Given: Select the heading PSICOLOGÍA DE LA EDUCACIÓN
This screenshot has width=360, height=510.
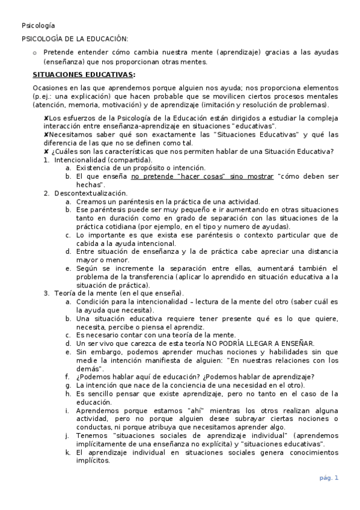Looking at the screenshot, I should tap(75, 38).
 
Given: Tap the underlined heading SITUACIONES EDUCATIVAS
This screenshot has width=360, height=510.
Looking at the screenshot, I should tap(84, 75).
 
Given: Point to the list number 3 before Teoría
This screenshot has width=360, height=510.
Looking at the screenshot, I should tap(46, 293).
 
